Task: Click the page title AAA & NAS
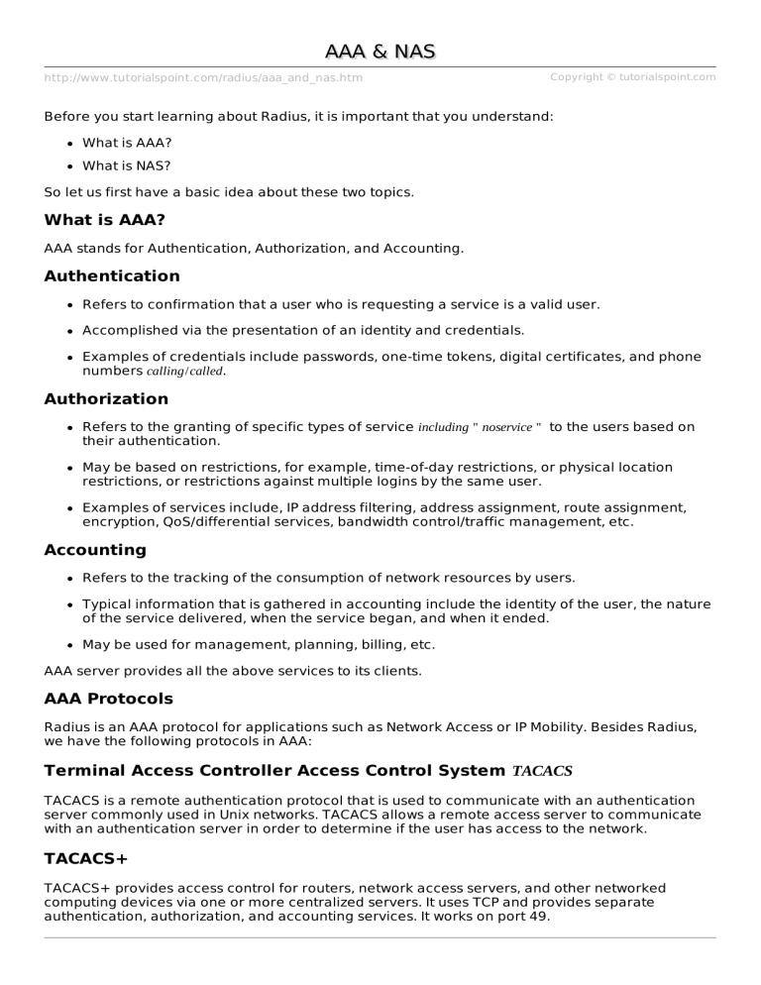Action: (380, 51)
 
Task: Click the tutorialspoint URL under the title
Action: (203, 78)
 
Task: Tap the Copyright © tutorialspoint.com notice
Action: (632, 77)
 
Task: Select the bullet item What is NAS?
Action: (127, 166)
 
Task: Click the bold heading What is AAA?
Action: (104, 220)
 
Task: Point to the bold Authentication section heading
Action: (112, 276)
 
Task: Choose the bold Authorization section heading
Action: (106, 399)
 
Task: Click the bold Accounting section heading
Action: (95, 550)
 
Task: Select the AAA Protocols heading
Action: (108, 699)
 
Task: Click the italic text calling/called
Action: (185, 372)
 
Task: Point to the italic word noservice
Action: (506, 427)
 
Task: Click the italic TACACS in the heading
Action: (542, 770)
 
